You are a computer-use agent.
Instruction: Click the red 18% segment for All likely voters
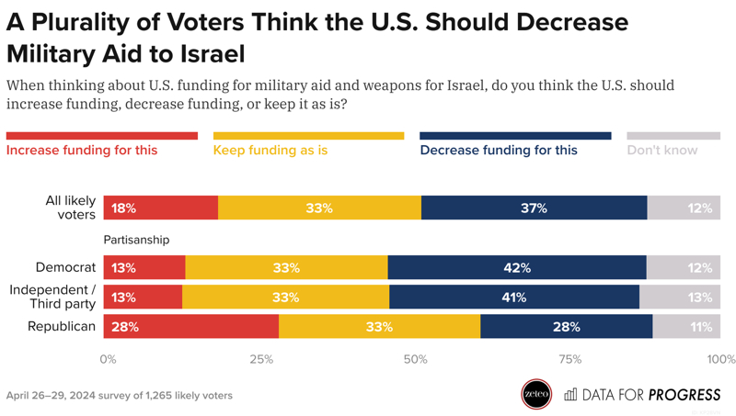point(161,208)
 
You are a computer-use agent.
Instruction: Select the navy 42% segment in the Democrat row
point(517,268)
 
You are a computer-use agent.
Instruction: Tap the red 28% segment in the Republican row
point(191,327)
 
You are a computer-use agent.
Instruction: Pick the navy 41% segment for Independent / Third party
point(514,298)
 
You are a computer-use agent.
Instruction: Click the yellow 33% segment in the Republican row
point(379,327)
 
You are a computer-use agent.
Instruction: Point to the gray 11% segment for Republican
point(686,327)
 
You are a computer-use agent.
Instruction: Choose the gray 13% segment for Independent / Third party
point(680,298)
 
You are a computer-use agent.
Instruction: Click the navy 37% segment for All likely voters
point(534,208)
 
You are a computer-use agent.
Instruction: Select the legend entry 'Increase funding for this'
point(82,150)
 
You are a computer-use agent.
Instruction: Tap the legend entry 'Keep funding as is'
point(270,150)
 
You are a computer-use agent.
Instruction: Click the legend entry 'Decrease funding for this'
point(499,150)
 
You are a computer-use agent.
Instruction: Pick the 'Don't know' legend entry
point(662,150)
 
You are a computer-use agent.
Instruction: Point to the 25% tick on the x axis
point(262,359)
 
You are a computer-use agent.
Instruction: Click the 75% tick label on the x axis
point(569,359)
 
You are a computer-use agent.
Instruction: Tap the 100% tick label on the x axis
point(721,359)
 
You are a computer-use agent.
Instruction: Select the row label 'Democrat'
point(65,268)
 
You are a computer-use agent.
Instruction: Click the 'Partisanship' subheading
point(136,240)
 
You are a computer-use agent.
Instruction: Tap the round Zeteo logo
point(536,395)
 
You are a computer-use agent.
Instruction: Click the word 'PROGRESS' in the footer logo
point(684,395)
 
